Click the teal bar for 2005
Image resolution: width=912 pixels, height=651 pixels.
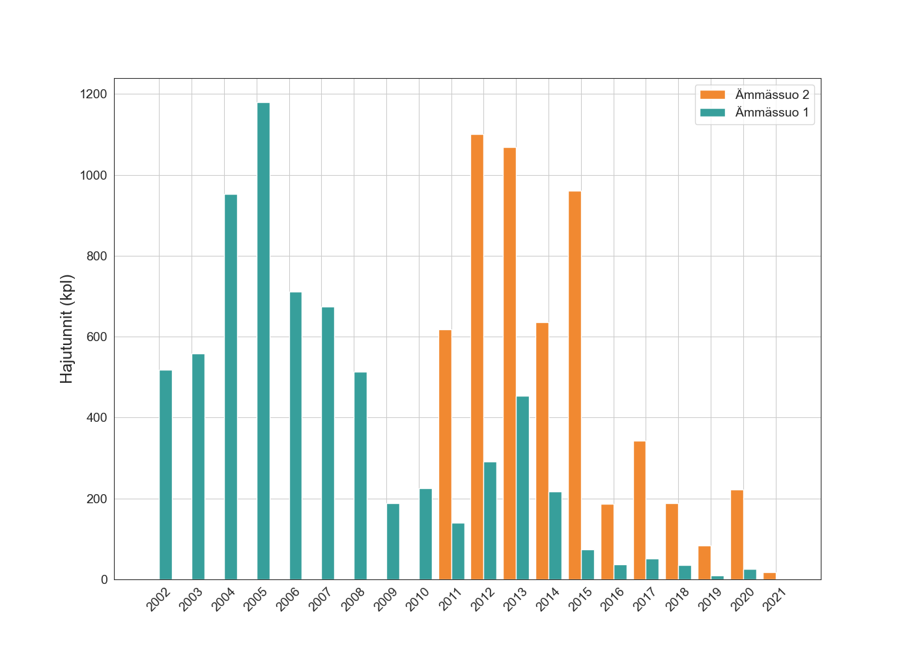(263, 341)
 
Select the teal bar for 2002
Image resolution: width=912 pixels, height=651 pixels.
(165, 475)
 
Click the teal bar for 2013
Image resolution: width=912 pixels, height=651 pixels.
(522, 488)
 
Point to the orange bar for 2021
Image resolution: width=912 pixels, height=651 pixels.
(769, 576)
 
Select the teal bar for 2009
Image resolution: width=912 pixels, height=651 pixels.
(393, 542)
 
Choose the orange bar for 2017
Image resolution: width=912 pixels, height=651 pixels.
(640, 510)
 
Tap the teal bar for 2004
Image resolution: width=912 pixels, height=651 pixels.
(231, 387)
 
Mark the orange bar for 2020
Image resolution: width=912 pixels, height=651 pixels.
(737, 534)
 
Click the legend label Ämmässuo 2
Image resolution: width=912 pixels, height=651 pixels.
(772, 95)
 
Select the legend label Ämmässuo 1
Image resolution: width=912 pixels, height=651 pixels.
(772, 113)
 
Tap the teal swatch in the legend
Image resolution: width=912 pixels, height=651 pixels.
(712, 113)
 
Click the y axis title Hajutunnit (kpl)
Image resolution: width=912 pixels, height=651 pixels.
(67, 329)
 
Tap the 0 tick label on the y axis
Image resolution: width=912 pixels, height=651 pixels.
(104, 579)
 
